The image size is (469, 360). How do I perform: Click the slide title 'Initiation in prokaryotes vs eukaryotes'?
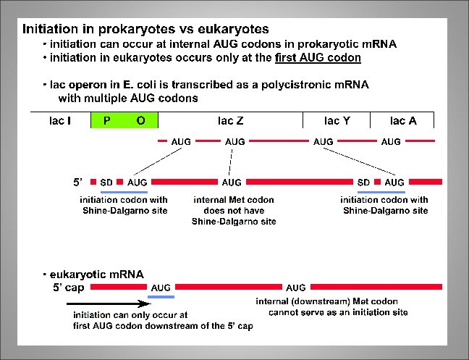point(145,30)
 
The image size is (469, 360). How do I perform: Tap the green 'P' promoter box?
point(107,121)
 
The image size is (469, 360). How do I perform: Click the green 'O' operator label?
point(140,121)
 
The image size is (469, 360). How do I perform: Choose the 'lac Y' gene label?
point(337,121)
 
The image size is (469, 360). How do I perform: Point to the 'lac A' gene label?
point(402,121)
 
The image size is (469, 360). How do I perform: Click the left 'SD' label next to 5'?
point(106,182)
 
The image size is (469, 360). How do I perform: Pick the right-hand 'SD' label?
point(364,182)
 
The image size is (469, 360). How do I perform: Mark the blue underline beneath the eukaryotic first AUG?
point(161,297)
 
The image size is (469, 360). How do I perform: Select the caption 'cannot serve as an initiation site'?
point(338,312)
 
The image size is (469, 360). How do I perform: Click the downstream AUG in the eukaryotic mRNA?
point(296,288)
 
